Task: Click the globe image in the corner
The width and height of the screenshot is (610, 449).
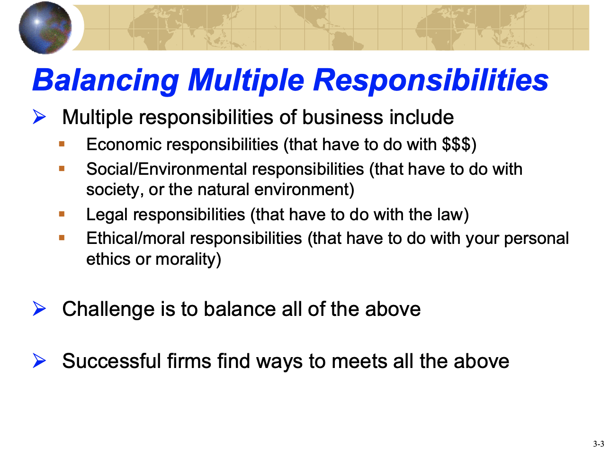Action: click(x=45, y=28)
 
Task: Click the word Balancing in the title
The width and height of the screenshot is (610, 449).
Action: click(x=106, y=81)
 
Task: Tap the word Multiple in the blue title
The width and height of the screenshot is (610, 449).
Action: click(x=246, y=81)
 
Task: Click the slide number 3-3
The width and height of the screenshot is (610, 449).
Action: click(x=599, y=444)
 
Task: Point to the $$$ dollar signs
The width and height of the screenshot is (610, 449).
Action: click(x=456, y=144)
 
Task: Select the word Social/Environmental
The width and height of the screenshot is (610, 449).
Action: click(x=167, y=169)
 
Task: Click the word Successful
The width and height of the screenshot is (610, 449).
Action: click(x=112, y=361)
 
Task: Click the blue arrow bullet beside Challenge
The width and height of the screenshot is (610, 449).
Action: click(x=39, y=308)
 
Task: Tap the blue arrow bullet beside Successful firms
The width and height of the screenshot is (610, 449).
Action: click(x=39, y=360)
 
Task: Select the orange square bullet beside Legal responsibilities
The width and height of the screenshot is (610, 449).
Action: click(x=62, y=214)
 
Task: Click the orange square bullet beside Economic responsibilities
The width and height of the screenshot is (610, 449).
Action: click(x=62, y=144)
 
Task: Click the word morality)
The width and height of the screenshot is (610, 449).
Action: click(x=188, y=259)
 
